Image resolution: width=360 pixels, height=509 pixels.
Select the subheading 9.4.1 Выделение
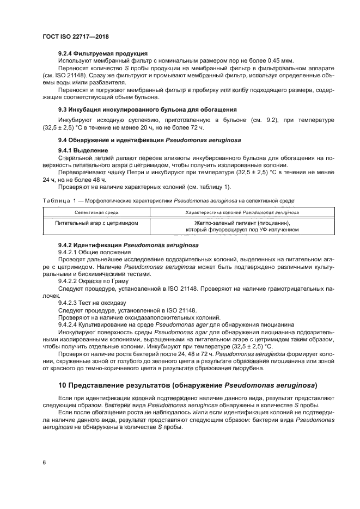(x=83, y=150)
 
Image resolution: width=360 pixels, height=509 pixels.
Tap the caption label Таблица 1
(x=61, y=201)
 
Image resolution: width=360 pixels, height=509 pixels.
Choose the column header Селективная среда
(x=96, y=212)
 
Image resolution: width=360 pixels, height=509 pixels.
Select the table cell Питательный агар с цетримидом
(x=96, y=223)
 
